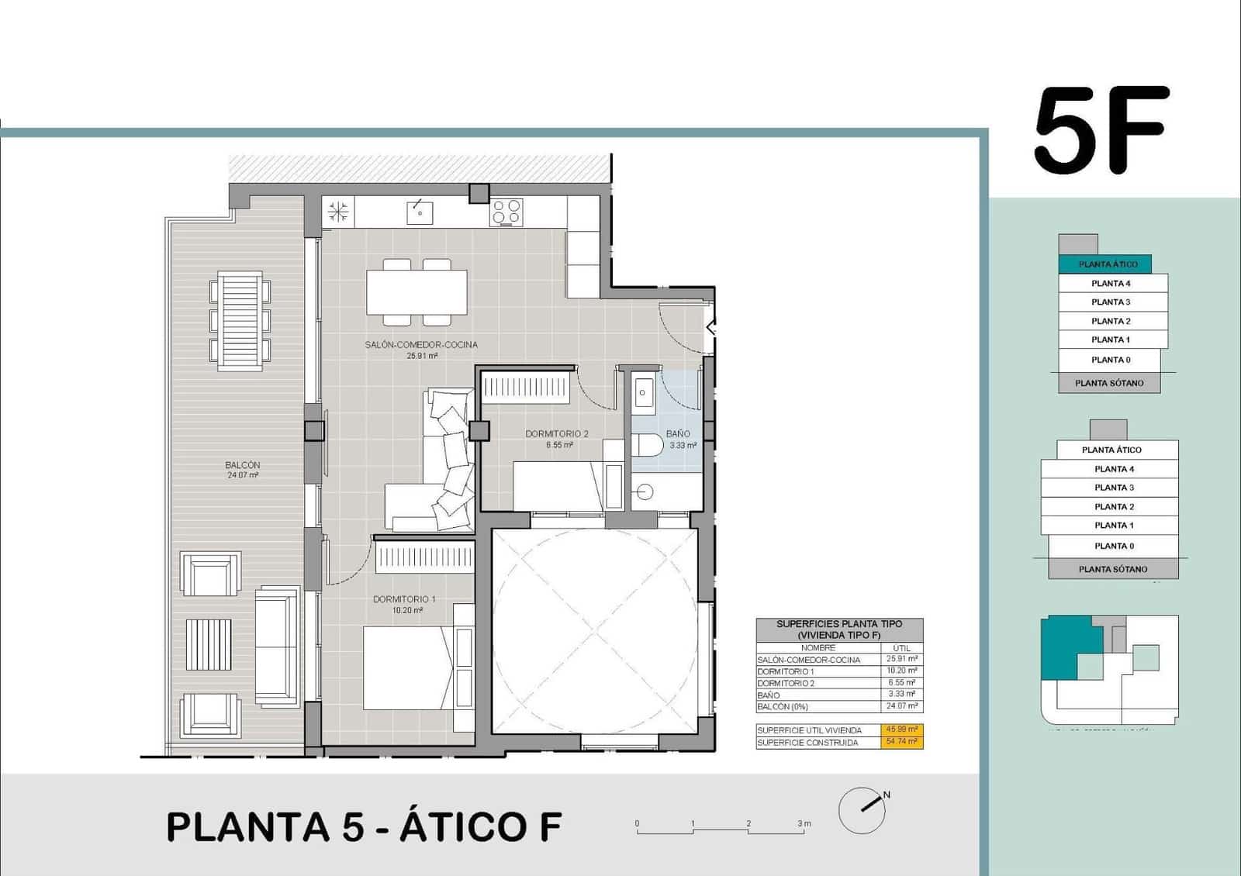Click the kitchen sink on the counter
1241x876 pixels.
click(x=419, y=212)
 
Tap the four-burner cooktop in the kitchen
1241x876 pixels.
click(x=506, y=212)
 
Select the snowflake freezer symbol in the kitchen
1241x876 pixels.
click(x=338, y=212)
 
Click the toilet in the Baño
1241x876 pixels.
click(x=647, y=445)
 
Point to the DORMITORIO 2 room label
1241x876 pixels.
click(x=556, y=434)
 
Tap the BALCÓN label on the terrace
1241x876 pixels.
click(x=243, y=465)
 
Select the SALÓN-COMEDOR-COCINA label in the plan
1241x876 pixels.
click(x=421, y=345)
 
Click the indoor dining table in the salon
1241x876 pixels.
click(x=417, y=291)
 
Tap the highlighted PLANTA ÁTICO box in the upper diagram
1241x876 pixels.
click(x=1108, y=264)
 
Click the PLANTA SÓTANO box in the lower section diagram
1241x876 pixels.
click(x=1112, y=569)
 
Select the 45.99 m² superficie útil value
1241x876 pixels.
click(x=901, y=729)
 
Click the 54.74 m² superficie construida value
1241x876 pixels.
click(x=901, y=742)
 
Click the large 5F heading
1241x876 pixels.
click(x=1101, y=130)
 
